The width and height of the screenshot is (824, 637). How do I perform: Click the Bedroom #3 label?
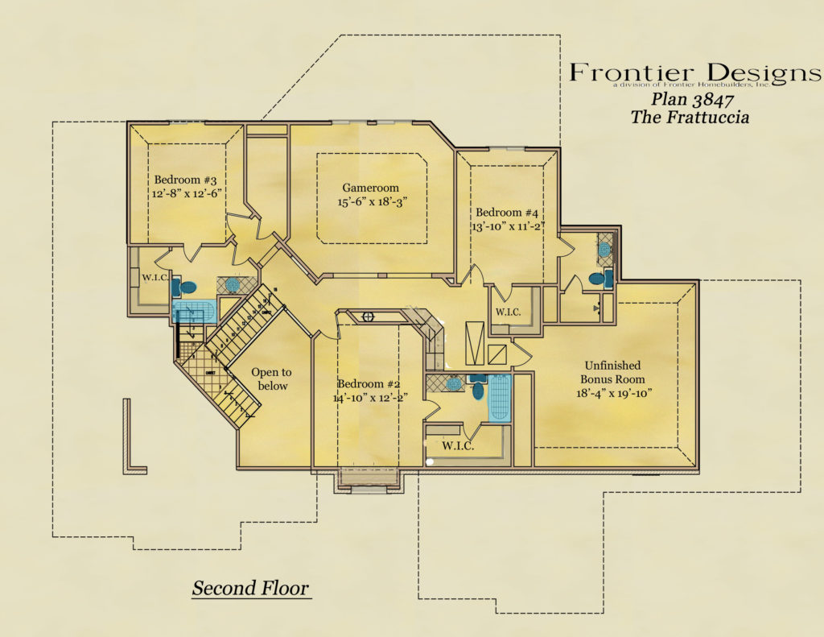[x=185, y=180]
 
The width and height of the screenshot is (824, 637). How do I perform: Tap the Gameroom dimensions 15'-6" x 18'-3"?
[x=369, y=202]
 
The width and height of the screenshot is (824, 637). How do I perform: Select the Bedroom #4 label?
[x=506, y=213]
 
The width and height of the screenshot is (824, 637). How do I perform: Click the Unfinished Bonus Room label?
[x=613, y=372]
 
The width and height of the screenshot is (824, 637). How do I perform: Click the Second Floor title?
[x=250, y=589]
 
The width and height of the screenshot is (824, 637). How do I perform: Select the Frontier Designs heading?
[x=695, y=73]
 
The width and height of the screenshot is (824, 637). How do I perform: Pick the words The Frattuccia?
[x=690, y=118]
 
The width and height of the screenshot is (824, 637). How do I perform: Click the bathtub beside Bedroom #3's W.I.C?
[x=194, y=312]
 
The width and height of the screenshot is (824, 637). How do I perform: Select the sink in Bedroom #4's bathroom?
[x=604, y=250]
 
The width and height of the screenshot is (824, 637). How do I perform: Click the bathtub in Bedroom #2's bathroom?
[x=500, y=398]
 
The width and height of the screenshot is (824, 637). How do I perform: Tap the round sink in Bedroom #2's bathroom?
[x=454, y=383]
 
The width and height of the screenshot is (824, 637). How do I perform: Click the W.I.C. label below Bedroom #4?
[x=509, y=312]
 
